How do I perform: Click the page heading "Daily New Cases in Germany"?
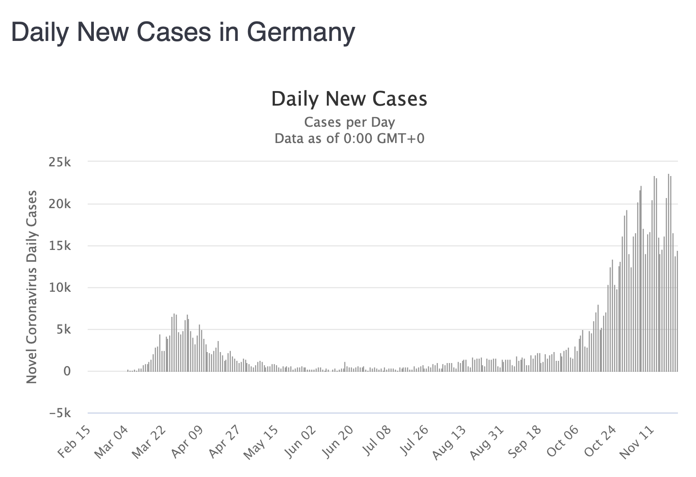183,32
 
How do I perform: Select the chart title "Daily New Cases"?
349,99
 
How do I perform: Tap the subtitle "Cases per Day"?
349,122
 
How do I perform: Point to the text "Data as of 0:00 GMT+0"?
349,139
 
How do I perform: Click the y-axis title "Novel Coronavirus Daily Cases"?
32,287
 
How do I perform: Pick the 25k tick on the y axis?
60,162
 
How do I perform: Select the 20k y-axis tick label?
60,204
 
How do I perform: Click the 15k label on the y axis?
60,246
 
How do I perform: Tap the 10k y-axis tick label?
60,288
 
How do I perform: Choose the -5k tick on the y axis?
60,414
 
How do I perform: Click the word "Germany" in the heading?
300,32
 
